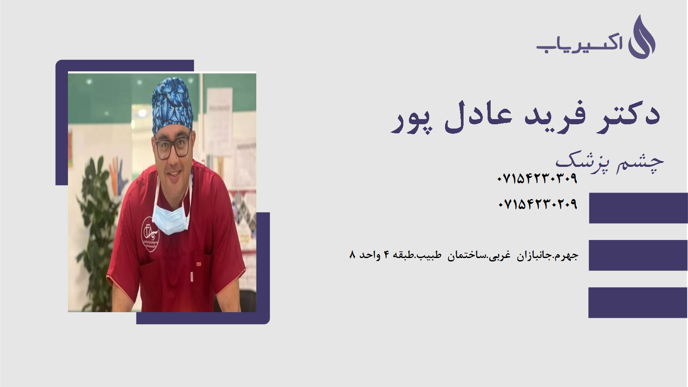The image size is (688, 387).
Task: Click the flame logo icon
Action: pos(642,37)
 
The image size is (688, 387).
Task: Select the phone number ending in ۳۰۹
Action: pos(537,178)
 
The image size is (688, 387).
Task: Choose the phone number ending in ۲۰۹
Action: pos(537,204)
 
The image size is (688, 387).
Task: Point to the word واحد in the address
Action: pos(370,255)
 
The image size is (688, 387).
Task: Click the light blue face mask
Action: pos(171,218)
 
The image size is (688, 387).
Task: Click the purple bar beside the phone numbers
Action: pos(638,208)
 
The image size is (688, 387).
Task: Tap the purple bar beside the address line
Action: pos(638,255)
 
